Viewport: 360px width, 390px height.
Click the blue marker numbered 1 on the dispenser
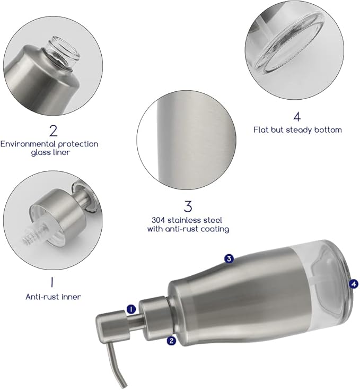131,309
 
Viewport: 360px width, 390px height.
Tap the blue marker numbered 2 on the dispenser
171,341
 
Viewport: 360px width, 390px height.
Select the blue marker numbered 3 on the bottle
229,259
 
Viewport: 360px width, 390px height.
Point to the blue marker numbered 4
354,284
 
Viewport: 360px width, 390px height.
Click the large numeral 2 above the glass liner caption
53,130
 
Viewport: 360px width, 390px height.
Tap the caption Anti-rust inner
53,297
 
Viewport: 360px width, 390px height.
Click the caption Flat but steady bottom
296,130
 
